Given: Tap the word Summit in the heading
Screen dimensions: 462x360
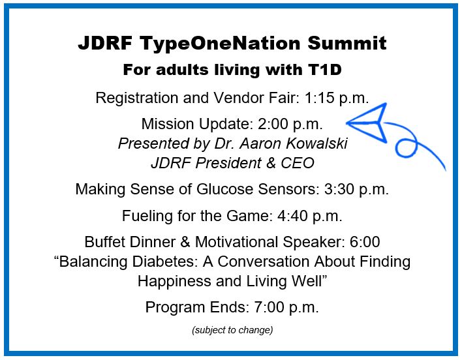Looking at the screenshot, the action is tap(347, 43).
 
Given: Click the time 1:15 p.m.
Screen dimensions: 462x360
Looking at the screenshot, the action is tap(337, 98).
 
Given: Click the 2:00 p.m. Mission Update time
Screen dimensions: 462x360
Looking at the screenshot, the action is tap(290, 125).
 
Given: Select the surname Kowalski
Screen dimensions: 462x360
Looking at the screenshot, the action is tap(316, 143).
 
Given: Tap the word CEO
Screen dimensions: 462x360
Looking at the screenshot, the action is tap(298, 163).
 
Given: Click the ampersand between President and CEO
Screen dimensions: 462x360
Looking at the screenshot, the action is tap(271, 163).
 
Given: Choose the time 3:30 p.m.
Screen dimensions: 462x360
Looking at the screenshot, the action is tap(356, 190).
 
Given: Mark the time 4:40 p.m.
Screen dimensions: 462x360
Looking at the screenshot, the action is tap(310, 217).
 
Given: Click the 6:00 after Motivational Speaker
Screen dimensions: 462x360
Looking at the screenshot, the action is tap(365, 242).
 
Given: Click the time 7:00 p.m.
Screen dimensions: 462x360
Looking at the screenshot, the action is tap(286, 308).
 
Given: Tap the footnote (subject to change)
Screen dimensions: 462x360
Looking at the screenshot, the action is tap(232, 330).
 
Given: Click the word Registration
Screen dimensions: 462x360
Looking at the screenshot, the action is tap(137, 98).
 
